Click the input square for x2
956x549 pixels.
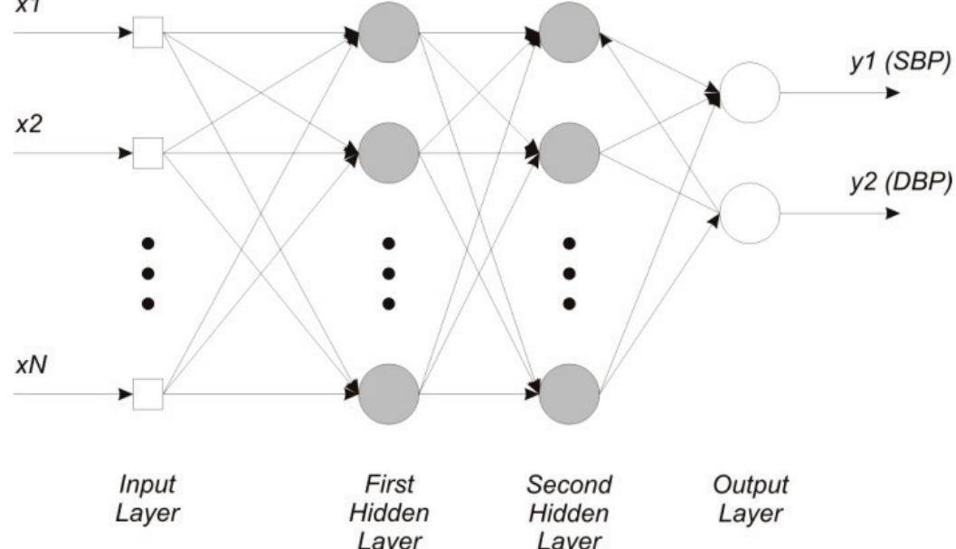point(147,155)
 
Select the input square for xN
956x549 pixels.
point(147,394)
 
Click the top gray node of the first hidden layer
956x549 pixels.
point(389,33)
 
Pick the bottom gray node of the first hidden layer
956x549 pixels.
point(389,394)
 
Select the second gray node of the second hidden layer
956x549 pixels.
point(570,153)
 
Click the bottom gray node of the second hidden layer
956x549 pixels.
point(570,394)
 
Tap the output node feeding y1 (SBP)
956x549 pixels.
point(750,92)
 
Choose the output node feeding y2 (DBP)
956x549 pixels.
point(750,213)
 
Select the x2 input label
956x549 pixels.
point(27,125)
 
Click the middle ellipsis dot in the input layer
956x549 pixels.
point(147,273)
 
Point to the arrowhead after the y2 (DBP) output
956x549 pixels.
point(893,214)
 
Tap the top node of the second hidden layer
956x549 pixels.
point(570,33)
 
